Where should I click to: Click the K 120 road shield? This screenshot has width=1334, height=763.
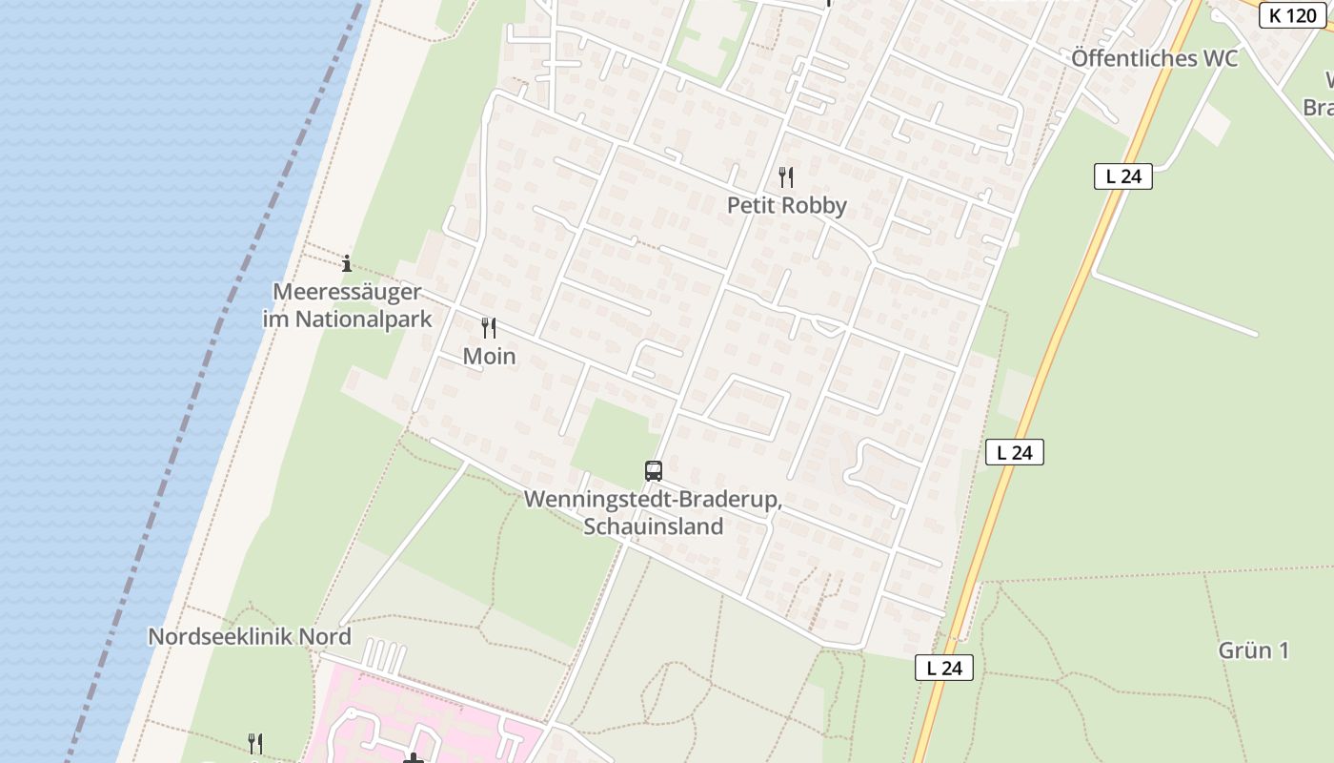tap(1293, 15)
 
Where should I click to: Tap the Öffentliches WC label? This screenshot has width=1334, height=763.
tap(1154, 58)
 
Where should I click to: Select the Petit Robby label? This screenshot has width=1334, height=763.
tap(786, 205)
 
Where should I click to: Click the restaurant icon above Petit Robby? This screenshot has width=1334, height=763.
tap(786, 176)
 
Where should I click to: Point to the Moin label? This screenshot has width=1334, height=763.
tap(489, 356)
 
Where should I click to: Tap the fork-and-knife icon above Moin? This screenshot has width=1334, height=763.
tap(489, 328)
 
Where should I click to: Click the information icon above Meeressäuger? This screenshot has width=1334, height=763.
tap(347, 263)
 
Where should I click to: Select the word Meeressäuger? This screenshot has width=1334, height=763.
tap(347, 292)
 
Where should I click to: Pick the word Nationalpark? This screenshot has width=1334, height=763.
tap(363, 320)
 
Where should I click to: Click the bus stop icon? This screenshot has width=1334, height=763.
tap(653, 470)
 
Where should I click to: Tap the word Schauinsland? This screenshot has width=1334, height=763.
tap(653, 526)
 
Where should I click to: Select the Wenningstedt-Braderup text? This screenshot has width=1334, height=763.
tap(653, 500)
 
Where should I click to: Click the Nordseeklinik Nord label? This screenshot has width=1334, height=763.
tap(250, 636)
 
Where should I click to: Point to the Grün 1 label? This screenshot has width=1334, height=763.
tap(1253, 650)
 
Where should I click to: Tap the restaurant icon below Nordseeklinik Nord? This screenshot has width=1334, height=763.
tap(255, 743)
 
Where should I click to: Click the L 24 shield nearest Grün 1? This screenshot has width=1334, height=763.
tap(944, 668)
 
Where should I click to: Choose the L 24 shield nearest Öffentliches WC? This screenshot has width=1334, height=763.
tap(1122, 176)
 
